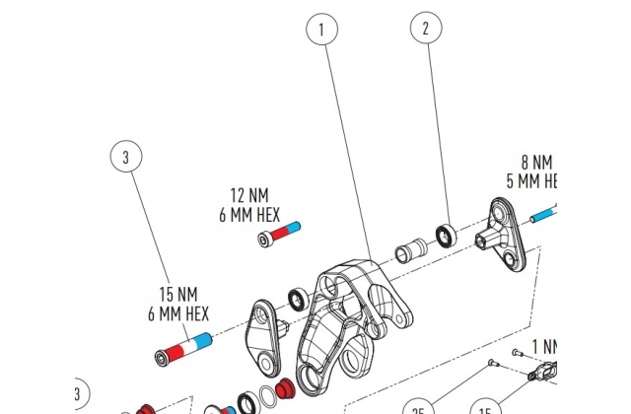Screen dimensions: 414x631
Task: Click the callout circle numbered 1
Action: [x=320, y=31]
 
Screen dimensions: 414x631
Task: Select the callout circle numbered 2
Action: [x=426, y=29]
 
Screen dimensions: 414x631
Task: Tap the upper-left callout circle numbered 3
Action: [x=125, y=156]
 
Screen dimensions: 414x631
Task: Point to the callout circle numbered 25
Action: [x=418, y=407]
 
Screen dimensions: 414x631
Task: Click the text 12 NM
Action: [x=249, y=195]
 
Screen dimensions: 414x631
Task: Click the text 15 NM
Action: [x=178, y=294]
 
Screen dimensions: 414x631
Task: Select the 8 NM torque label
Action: [x=536, y=162]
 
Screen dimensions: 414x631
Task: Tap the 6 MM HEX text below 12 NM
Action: [x=249, y=214]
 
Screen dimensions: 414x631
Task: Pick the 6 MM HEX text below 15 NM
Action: [x=178, y=313]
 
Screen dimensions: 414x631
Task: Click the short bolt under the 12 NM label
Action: [x=278, y=234]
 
